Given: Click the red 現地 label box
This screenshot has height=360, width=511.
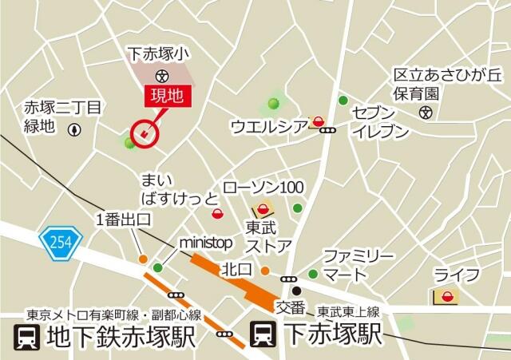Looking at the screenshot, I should [x=168, y=97].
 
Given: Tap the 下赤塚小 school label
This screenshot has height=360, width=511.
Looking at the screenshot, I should [x=160, y=54].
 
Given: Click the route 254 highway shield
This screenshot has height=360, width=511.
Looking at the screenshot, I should [x=54, y=239].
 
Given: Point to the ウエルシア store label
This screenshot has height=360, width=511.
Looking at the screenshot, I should [x=268, y=125].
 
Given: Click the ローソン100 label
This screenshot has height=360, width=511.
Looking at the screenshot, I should [x=263, y=188].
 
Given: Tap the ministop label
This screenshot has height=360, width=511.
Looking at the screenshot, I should [x=204, y=242].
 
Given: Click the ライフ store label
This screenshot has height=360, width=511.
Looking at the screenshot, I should [x=457, y=275].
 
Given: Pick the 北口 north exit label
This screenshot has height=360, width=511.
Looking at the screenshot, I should [x=237, y=269].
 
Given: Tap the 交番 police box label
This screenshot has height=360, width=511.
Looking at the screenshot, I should [x=291, y=306].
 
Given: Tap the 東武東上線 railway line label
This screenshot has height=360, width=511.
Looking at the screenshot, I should [x=348, y=311].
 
